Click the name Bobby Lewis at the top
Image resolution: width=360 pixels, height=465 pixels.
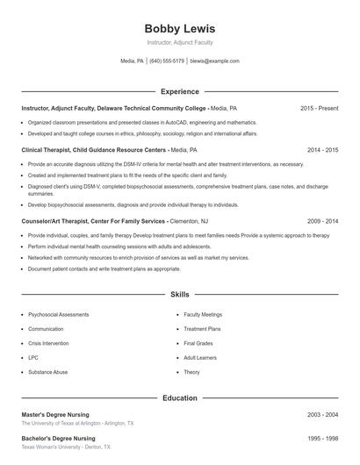click(179, 29)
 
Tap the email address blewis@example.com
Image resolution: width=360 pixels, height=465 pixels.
click(214, 61)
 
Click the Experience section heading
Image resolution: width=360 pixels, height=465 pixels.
click(179, 91)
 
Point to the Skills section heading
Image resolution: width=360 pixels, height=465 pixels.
click(179, 295)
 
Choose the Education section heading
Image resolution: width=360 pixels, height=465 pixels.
click(179, 398)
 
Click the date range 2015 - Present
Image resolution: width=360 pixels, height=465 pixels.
click(319, 108)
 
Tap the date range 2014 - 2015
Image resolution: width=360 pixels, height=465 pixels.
click(322, 150)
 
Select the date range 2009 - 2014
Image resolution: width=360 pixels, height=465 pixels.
click(322, 222)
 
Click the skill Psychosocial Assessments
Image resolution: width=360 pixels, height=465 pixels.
click(58, 314)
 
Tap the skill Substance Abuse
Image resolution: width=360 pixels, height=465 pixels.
click(47, 372)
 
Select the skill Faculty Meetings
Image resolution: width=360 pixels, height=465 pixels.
click(202, 314)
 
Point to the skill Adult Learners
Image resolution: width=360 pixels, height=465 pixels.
click(200, 358)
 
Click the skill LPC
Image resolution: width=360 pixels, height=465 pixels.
click(33, 358)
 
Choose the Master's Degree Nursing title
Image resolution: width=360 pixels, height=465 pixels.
click(58, 414)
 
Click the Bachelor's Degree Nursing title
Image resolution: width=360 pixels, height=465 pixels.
click(59, 438)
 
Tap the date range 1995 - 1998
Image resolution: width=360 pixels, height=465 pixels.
click(322, 438)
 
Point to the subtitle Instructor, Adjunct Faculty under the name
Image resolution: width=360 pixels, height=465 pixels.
click(179, 42)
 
